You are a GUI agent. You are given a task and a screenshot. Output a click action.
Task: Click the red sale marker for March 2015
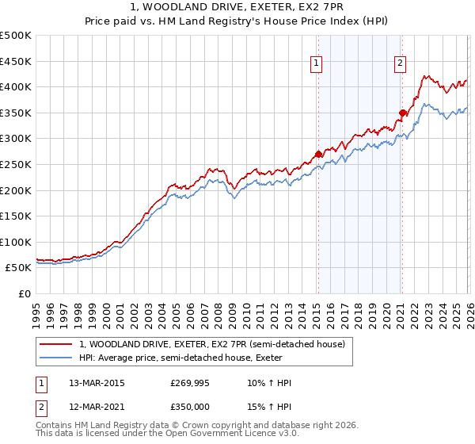click(x=318, y=154)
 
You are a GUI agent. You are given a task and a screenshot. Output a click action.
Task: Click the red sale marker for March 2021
click(x=402, y=113)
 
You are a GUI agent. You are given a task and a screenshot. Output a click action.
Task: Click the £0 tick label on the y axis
click(x=24, y=293)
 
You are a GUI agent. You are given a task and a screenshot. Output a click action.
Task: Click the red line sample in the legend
click(x=57, y=345)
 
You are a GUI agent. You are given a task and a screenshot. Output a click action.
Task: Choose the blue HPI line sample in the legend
click(x=57, y=358)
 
